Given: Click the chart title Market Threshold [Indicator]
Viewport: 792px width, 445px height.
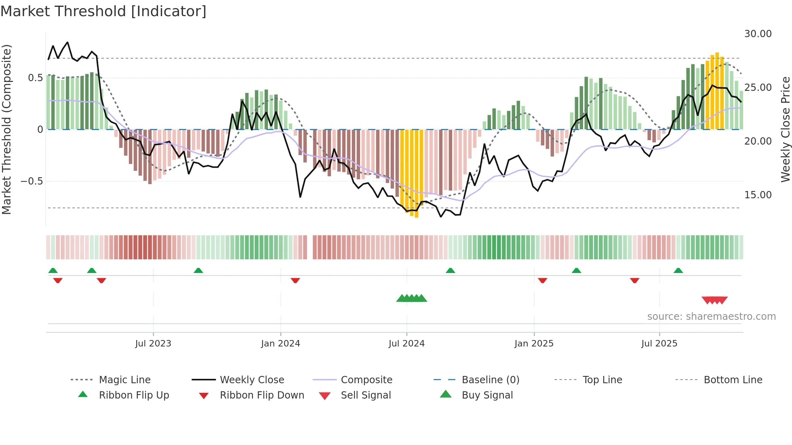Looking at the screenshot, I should click(x=103, y=11).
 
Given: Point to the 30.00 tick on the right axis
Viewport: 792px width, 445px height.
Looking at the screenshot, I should click(x=758, y=34).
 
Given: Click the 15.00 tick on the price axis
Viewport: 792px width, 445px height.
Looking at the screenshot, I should click(x=758, y=195).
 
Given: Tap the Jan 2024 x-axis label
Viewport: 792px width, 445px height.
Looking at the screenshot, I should click(x=280, y=344).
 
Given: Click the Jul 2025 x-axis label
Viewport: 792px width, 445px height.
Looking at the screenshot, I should click(x=659, y=344).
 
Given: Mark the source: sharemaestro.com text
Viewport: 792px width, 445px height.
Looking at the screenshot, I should click(x=711, y=317).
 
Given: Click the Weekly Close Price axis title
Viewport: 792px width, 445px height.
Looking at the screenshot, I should click(x=785, y=129).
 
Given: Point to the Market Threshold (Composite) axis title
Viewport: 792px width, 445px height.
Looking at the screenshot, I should click(x=6, y=129).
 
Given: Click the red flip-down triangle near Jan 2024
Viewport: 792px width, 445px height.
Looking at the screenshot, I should click(x=295, y=280).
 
